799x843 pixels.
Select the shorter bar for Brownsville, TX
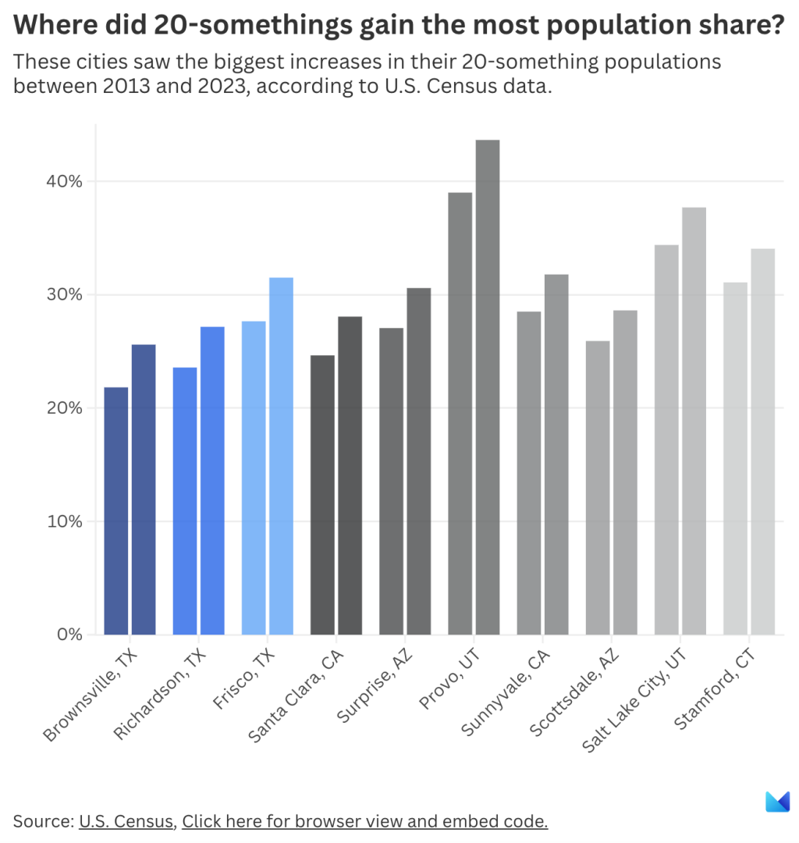(115, 510)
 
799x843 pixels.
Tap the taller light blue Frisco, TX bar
(281, 456)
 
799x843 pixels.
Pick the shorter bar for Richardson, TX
(185, 500)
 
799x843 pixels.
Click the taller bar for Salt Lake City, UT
(694, 421)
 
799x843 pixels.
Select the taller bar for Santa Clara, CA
(350, 475)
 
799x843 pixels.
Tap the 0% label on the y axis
(69, 635)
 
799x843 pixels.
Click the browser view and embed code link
(364, 821)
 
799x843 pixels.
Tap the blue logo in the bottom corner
(777, 802)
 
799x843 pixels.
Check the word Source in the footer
(42, 821)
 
